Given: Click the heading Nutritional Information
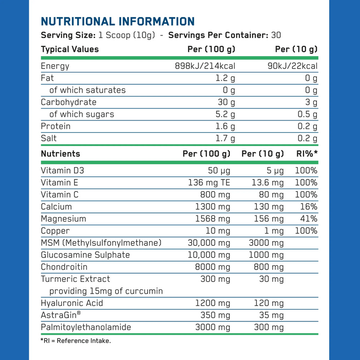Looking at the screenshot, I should point(117,22).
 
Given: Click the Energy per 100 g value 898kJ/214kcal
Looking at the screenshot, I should point(206,66).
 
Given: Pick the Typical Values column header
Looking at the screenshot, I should point(69,49).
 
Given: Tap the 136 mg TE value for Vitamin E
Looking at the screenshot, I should point(209,182).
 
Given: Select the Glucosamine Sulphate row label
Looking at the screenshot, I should point(85,255).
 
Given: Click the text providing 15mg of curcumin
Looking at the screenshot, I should point(106,291).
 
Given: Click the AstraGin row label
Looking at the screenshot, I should point(61,315).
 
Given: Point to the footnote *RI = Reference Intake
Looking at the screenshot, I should point(75,340).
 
